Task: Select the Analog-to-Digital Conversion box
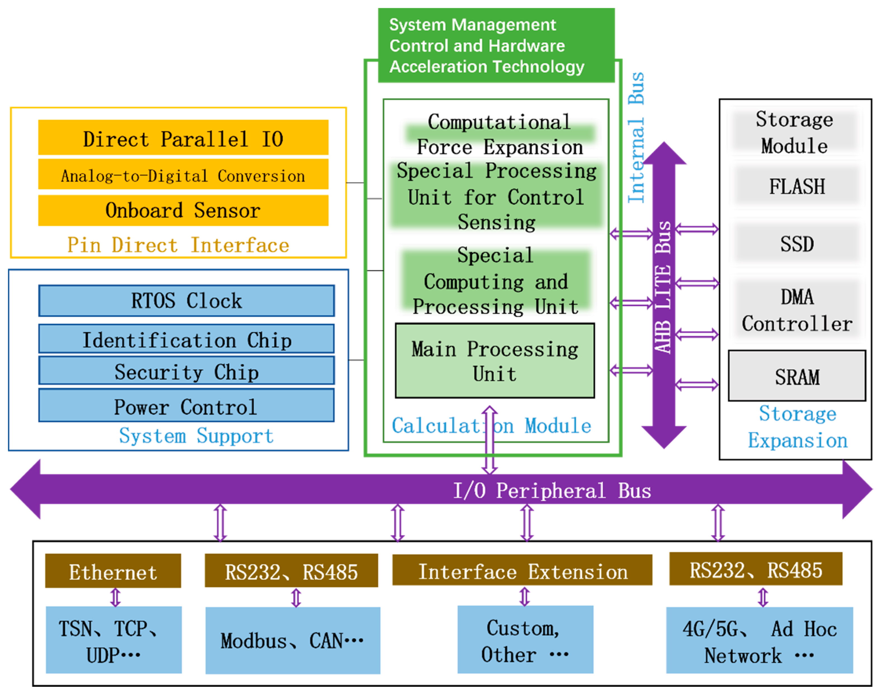click(x=183, y=174)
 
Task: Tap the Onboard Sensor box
click(x=183, y=210)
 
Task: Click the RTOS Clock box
click(x=186, y=301)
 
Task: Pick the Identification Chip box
click(x=186, y=339)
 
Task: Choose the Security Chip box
click(x=186, y=371)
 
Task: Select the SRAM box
click(x=796, y=376)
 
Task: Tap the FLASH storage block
click(x=796, y=186)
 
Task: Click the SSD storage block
click(x=796, y=243)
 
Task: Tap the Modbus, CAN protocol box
click(x=292, y=640)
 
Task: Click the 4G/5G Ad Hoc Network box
click(x=759, y=640)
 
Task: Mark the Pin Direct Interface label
click(x=178, y=245)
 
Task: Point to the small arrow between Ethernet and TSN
click(x=116, y=597)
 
